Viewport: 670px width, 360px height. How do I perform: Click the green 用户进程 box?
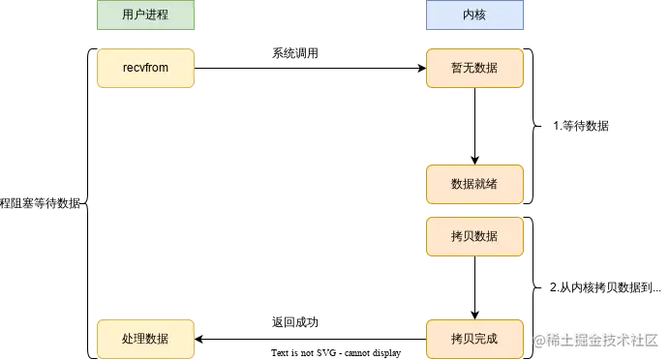click(x=145, y=15)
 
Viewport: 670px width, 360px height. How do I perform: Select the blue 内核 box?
click(x=474, y=15)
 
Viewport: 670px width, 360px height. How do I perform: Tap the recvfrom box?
click(x=145, y=68)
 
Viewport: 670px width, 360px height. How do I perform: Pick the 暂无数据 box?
click(x=474, y=68)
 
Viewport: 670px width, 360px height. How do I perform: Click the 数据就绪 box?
click(x=474, y=184)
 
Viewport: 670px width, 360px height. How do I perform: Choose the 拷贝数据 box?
click(x=474, y=236)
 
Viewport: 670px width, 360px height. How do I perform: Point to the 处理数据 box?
click(x=145, y=339)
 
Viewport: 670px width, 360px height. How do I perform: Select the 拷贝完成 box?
click(x=474, y=339)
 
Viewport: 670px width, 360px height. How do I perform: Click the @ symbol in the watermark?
click(x=538, y=339)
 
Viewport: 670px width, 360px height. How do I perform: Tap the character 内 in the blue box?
click(x=469, y=15)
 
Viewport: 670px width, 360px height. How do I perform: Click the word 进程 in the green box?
click(x=157, y=15)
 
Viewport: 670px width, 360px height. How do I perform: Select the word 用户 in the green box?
click(x=134, y=15)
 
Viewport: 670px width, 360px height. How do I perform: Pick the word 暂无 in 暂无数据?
click(x=463, y=68)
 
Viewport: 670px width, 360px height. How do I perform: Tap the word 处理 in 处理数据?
click(x=134, y=339)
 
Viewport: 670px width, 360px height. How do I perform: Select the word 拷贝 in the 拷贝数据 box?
click(x=463, y=236)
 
